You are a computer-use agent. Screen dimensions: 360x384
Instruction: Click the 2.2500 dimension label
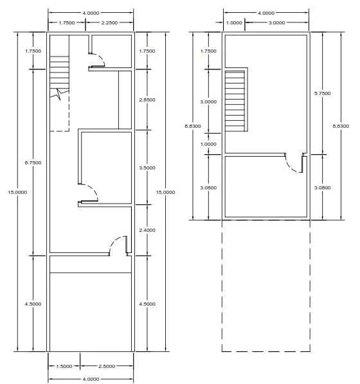(109, 22)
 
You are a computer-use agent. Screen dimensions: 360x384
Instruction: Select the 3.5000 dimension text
(147, 168)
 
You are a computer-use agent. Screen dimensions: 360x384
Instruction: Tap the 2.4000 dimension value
(147, 230)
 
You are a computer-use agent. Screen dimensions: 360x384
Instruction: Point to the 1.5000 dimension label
(64, 367)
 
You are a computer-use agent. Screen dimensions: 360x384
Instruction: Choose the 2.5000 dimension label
(107, 367)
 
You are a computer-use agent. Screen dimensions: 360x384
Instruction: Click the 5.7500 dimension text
(323, 93)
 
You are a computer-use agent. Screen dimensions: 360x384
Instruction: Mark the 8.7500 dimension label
(33, 163)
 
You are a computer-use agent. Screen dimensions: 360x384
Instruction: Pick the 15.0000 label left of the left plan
(17, 193)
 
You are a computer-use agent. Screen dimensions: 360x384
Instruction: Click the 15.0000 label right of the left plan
(165, 193)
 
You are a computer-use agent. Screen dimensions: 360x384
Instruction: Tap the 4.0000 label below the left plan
(91, 379)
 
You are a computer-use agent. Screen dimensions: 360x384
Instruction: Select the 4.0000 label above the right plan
(266, 13)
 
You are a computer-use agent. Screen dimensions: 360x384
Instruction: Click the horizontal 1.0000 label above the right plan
(234, 22)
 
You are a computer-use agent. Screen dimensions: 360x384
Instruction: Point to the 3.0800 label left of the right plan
(208, 188)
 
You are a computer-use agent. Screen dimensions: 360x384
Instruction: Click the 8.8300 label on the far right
(341, 127)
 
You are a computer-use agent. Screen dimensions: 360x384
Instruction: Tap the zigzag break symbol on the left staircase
(60, 94)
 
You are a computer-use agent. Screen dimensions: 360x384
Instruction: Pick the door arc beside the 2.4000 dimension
(114, 241)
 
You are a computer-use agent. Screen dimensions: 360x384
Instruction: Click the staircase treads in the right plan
(235, 101)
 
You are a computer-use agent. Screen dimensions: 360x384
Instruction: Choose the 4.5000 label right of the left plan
(147, 304)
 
